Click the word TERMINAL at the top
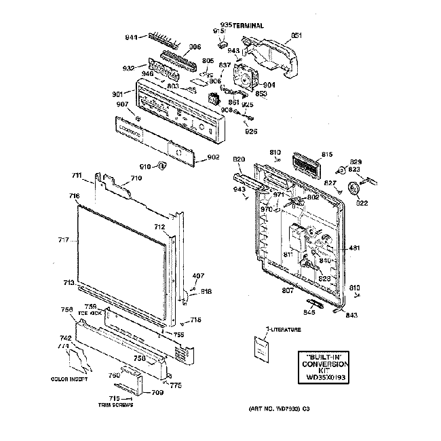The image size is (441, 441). [248, 25]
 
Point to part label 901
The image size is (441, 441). [117, 93]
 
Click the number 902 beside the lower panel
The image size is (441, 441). [213, 157]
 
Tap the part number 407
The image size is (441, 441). [198, 275]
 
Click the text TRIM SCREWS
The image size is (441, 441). [115, 404]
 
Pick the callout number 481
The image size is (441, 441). [354, 248]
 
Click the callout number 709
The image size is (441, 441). [157, 391]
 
